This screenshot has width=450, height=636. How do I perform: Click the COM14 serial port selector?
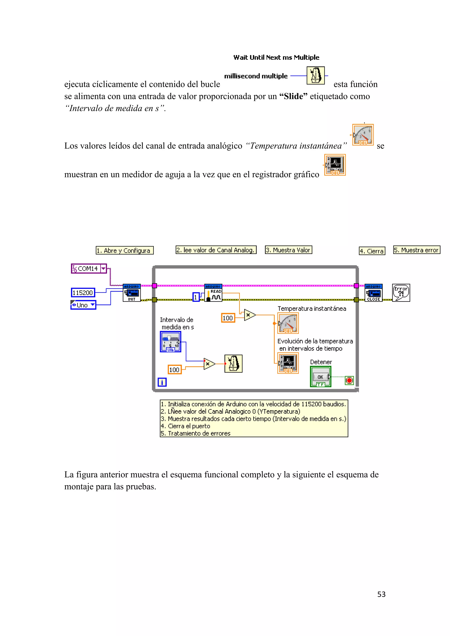(x=89, y=268)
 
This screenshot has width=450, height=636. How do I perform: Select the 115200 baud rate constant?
(x=83, y=293)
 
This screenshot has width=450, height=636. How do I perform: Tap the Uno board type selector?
(x=83, y=305)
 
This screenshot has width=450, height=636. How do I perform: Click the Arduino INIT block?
(x=132, y=293)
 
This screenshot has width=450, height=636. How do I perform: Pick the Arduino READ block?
(x=213, y=293)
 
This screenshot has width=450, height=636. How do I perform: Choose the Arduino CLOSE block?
(x=373, y=293)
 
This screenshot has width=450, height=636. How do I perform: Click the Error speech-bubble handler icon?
(x=401, y=293)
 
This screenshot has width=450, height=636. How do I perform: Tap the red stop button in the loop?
(x=349, y=380)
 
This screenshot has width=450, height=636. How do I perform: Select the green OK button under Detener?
(x=321, y=377)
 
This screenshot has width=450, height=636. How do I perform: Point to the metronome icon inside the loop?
(x=233, y=363)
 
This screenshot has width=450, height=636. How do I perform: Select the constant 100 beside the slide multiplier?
(x=174, y=370)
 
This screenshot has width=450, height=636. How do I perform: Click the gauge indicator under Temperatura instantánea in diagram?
(x=288, y=323)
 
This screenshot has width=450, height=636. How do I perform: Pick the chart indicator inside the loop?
(x=288, y=363)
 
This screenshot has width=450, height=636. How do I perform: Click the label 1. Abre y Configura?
(x=124, y=250)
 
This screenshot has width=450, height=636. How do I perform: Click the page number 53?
(x=381, y=594)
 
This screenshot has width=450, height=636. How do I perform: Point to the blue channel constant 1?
(x=196, y=297)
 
